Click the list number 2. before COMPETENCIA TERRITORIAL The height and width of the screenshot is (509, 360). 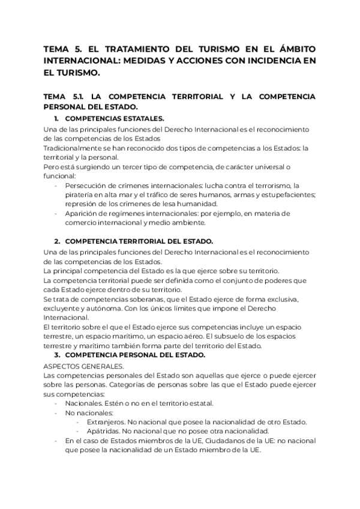coord(58,241)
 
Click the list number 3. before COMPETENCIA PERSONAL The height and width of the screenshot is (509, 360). coord(58,354)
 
